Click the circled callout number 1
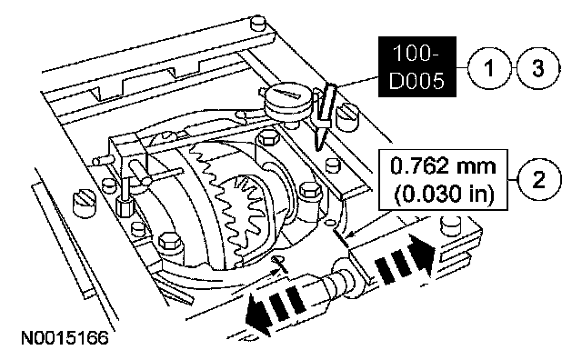[488, 68]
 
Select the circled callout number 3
[538, 68]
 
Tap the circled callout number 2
[539, 180]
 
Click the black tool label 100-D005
[417, 66]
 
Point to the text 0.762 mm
[443, 165]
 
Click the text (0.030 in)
[444, 195]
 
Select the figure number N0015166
[65, 338]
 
